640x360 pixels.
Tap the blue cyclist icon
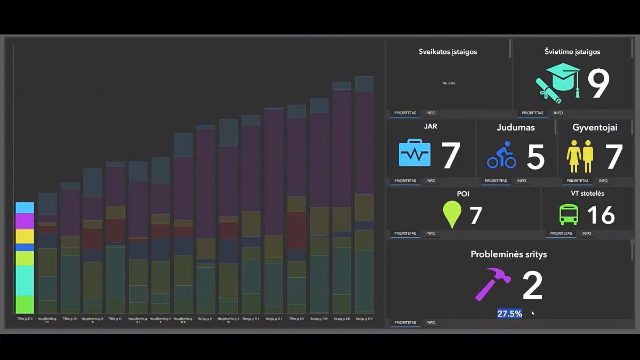(501, 155)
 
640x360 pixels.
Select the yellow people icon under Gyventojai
(580, 156)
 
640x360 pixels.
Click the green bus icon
(568, 214)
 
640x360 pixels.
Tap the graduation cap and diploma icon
(558, 82)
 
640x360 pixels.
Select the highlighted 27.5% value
(509, 314)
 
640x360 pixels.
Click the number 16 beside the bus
(601, 215)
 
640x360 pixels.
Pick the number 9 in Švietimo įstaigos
(598, 83)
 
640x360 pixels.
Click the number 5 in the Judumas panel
(535, 156)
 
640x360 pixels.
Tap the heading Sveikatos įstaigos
(447, 52)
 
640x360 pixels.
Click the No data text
(449, 83)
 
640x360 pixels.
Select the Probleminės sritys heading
(508, 254)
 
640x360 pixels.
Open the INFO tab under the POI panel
(430, 233)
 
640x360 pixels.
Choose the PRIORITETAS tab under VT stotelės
(561, 233)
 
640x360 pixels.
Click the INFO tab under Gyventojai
(602, 181)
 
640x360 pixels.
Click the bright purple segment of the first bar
(25, 221)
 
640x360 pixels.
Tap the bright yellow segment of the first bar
(25, 236)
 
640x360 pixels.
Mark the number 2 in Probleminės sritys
(532, 286)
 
